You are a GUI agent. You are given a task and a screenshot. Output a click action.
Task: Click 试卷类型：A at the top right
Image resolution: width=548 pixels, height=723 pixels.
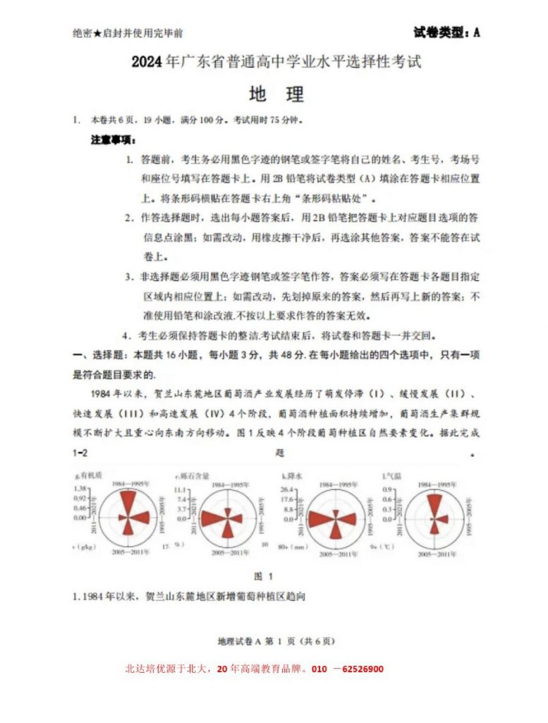(446, 32)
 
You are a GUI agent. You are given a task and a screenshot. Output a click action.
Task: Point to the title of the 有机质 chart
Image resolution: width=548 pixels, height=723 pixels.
(89, 477)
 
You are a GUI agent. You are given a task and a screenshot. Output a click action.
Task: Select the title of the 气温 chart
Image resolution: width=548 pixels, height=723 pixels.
(390, 477)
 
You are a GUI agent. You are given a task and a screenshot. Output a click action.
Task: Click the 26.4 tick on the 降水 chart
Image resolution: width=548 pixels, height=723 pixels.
(287, 489)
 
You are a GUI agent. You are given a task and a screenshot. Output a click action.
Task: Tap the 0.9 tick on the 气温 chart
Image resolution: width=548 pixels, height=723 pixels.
(387, 489)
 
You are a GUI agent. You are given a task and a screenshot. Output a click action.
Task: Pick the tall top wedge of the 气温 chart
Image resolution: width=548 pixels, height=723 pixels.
(437, 505)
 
